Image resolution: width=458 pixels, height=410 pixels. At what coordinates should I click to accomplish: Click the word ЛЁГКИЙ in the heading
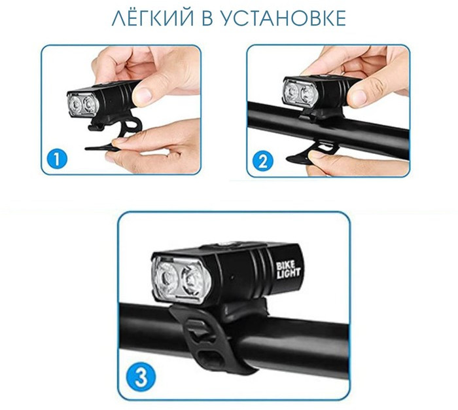tap(152, 18)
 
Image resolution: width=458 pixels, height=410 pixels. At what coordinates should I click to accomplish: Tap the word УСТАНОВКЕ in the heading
tap(283, 18)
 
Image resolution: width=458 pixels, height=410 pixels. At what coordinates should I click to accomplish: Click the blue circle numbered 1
tap(57, 159)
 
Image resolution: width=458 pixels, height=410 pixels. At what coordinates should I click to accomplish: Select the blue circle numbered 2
tap(263, 161)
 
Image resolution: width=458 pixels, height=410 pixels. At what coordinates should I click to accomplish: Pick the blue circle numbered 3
tap(141, 377)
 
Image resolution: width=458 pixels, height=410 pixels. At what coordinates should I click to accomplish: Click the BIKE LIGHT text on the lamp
tap(288, 270)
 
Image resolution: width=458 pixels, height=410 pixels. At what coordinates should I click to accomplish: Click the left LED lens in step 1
tap(75, 105)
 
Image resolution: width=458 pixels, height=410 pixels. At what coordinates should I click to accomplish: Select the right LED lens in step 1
tap(90, 105)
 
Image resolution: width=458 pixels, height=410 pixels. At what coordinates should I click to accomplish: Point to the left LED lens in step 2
tap(291, 92)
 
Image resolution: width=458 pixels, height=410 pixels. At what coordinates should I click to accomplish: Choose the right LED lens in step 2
tap(307, 94)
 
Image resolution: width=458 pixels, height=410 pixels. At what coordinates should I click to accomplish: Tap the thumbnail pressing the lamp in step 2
tap(358, 97)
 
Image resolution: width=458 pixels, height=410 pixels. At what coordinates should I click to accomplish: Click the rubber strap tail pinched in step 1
tap(101, 147)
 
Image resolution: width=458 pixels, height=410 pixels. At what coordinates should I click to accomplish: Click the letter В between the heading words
tap(207, 18)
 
